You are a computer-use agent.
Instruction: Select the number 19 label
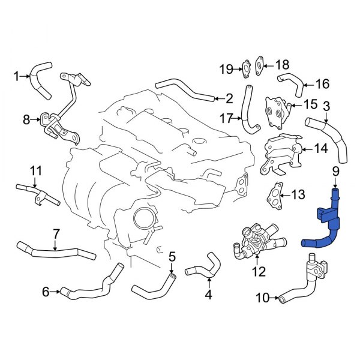tap(226, 70)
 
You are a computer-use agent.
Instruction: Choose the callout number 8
tap(26, 120)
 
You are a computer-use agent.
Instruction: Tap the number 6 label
tap(46, 292)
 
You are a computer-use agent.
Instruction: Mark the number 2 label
tap(229, 97)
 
